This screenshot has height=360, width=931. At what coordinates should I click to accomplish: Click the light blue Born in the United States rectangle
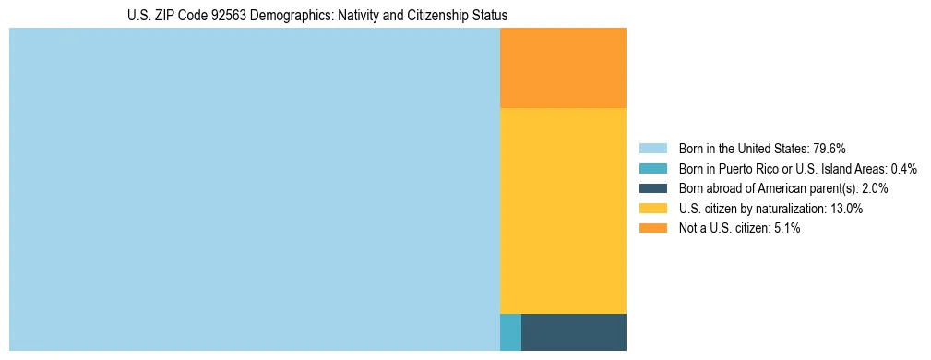[x=254, y=189]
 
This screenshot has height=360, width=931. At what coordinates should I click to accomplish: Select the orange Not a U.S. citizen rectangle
[x=563, y=67]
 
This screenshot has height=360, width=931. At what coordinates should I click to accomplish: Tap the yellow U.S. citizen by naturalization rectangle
[x=563, y=210]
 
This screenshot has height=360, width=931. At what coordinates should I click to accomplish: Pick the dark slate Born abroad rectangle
[x=574, y=332]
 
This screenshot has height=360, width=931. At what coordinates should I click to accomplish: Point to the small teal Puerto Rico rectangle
[x=510, y=332]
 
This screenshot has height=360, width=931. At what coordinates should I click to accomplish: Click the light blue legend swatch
[x=653, y=149]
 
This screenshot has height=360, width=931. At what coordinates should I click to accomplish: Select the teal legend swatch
[x=653, y=169]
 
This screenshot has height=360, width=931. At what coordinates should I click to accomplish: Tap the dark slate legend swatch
[x=653, y=188]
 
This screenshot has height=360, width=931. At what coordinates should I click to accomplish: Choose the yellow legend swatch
[x=653, y=209]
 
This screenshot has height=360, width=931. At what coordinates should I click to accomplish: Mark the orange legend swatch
[x=653, y=228]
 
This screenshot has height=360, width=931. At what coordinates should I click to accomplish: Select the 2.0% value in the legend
[x=874, y=188]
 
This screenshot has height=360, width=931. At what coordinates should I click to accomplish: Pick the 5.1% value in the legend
[x=786, y=228]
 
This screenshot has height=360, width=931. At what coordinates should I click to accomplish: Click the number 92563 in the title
[x=211, y=16]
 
